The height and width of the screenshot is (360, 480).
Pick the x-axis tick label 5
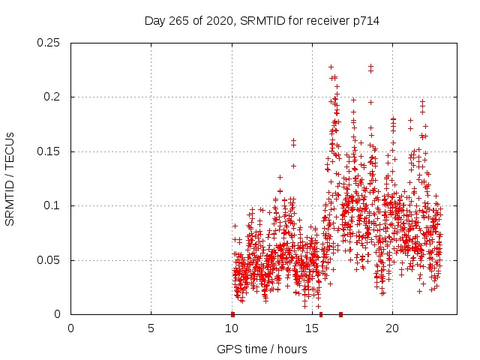click(151, 328)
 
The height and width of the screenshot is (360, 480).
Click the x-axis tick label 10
click(232, 328)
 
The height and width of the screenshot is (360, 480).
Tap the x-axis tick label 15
click(312, 328)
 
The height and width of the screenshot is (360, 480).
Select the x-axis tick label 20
click(392, 328)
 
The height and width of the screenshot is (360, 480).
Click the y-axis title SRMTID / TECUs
click(10, 178)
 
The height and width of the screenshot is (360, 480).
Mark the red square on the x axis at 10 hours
click(232, 314)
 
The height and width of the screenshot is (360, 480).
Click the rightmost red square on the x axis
click(340, 314)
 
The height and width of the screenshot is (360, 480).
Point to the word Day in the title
click(154, 21)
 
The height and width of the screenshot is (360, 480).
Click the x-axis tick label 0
click(71, 328)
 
